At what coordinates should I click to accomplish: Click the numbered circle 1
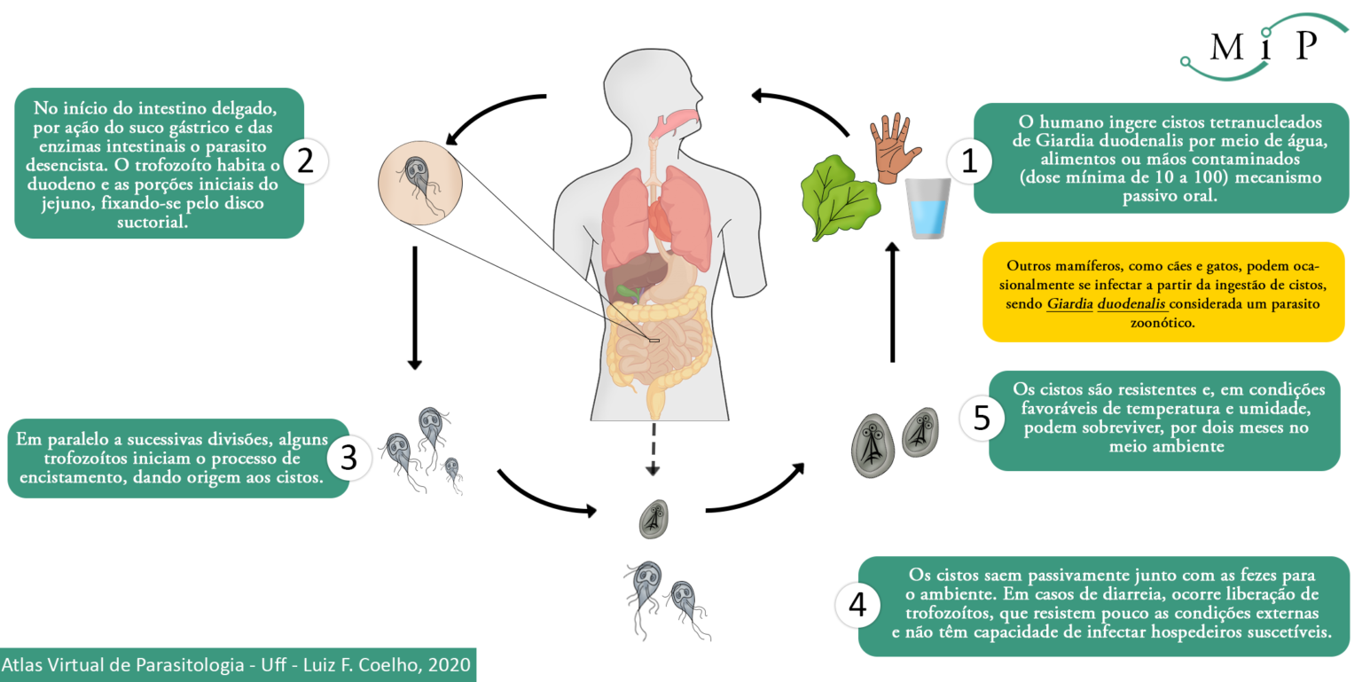[x=969, y=161]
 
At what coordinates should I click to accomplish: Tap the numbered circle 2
[x=305, y=161]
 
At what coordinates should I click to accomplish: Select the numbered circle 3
[x=349, y=458]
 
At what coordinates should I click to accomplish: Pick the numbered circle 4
[x=857, y=605]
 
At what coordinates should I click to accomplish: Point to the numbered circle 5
[x=982, y=419]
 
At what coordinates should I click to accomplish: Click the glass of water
[x=928, y=208]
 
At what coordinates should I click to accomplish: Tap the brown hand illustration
[x=895, y=148]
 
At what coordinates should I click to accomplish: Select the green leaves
[x=840, y=196]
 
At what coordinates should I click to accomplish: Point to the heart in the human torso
[x=661, y=219]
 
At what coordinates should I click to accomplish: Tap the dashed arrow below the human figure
[x=653, y=449]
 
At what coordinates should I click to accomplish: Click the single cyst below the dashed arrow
[x=654, y=519]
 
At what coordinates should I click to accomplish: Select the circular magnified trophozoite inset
[x=420, y=183]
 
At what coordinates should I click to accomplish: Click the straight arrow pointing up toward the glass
[x=893, y=302]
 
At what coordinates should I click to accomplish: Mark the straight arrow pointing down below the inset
[x=415, y=308]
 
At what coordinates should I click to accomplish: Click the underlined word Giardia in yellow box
[x=1069, y=303]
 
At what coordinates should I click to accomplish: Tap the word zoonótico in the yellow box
[x=1162, y=323]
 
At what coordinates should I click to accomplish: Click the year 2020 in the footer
[x=449, y=664]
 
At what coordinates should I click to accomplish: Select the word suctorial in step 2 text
[x=152, y=222]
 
